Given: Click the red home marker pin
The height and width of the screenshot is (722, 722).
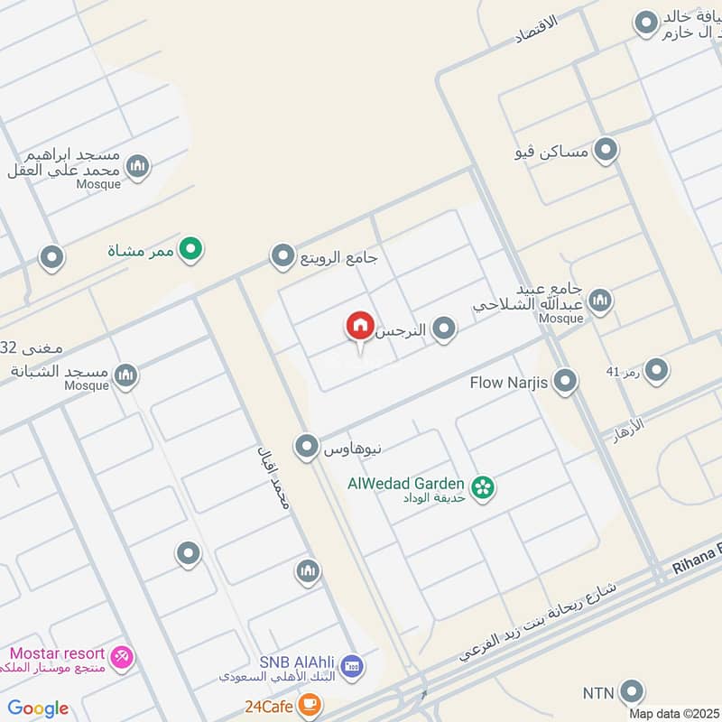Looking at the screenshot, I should click(359, 327).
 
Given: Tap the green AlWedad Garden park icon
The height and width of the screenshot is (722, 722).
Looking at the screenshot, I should click(484, 487).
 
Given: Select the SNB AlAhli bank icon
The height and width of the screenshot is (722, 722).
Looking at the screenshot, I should click(352, 666).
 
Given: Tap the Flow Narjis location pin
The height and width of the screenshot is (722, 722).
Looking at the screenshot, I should click(565, 382).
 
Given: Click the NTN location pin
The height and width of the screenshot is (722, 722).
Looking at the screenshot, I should click(633, 693).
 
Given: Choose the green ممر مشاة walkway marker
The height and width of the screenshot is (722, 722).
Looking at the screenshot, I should click(190, 248).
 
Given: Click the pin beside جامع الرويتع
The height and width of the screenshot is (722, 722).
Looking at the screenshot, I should click(283, 257).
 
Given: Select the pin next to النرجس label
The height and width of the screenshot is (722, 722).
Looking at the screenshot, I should click(443, 330).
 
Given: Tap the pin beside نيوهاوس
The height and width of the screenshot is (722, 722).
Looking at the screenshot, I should click(308, 446).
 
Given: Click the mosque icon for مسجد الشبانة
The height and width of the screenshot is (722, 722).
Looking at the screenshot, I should click(126, 375).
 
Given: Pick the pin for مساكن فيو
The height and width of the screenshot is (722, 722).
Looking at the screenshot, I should click(606, 152).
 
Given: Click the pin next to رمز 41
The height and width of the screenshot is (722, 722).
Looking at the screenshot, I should click(656, 369).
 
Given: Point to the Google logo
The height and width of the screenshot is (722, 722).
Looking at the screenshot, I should click(38, 708).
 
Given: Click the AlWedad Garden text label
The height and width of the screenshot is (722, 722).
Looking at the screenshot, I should click(406, 484).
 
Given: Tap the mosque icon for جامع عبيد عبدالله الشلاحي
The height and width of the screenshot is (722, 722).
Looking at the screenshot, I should click(599, 301).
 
